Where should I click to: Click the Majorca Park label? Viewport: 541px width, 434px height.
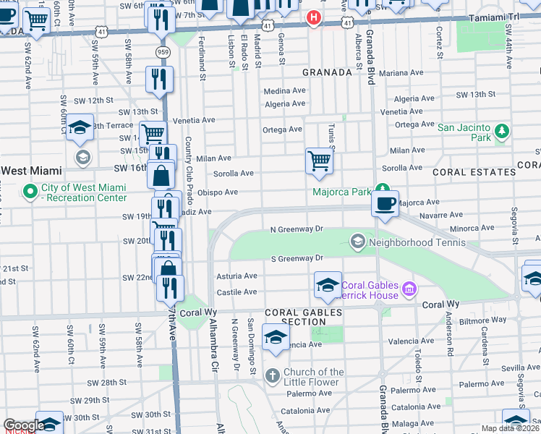(341, 192)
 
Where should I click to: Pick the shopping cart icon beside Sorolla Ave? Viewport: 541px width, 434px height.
(318, 161)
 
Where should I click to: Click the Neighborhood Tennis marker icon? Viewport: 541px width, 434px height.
(357, 241)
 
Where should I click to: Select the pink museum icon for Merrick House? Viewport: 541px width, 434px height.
(409, 289)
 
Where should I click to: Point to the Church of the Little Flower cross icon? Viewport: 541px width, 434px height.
(272, 376)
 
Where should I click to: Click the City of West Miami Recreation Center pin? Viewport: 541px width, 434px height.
(30, 192)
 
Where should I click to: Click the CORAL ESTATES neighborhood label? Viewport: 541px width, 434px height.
(474, 172)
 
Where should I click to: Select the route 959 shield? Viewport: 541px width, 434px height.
(163, 52)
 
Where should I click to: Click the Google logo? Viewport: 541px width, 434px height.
(23, 425)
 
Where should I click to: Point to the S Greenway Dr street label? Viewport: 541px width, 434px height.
(297, 258)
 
